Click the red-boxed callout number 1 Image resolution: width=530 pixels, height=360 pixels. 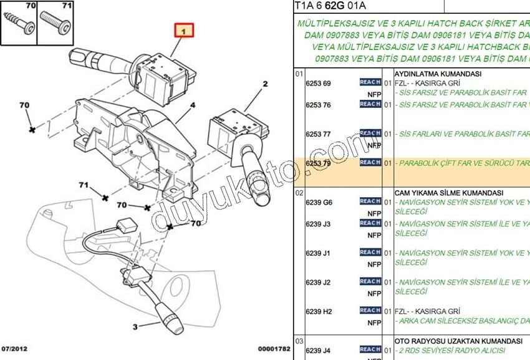[184, 30]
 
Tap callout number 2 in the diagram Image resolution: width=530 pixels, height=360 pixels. [264, 84]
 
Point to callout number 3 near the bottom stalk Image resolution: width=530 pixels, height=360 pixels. [134, 326]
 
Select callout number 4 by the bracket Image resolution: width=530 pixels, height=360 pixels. [193, 105]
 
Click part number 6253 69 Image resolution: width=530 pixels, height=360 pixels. [318, 84]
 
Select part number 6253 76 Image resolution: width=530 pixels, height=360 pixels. [318, 105]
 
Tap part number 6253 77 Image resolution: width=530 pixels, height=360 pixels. [318, 134]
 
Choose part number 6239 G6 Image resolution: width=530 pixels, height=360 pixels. [319, 203]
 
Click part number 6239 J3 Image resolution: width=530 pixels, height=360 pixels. [318, 224]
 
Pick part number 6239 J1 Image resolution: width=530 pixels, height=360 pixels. [318, 253]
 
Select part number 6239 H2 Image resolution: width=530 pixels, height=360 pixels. [319, 311]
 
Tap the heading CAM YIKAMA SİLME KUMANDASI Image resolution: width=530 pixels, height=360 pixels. [449, 193]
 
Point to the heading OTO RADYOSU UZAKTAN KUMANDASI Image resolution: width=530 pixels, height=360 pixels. [458, 341]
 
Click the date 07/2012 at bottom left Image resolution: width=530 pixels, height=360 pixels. [14, 349]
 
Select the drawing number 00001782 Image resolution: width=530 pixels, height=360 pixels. [274, 349]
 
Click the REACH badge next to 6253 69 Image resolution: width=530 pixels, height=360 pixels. [370, 82]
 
